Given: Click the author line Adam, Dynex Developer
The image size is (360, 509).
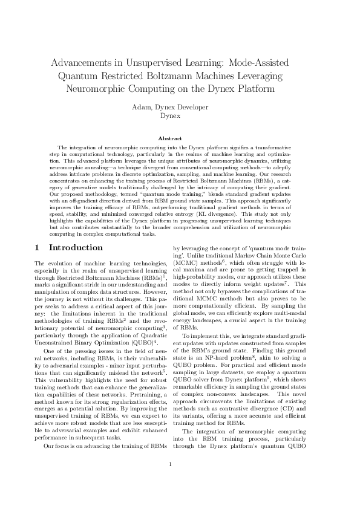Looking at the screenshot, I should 180,107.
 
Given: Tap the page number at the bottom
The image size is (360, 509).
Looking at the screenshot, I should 171,481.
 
